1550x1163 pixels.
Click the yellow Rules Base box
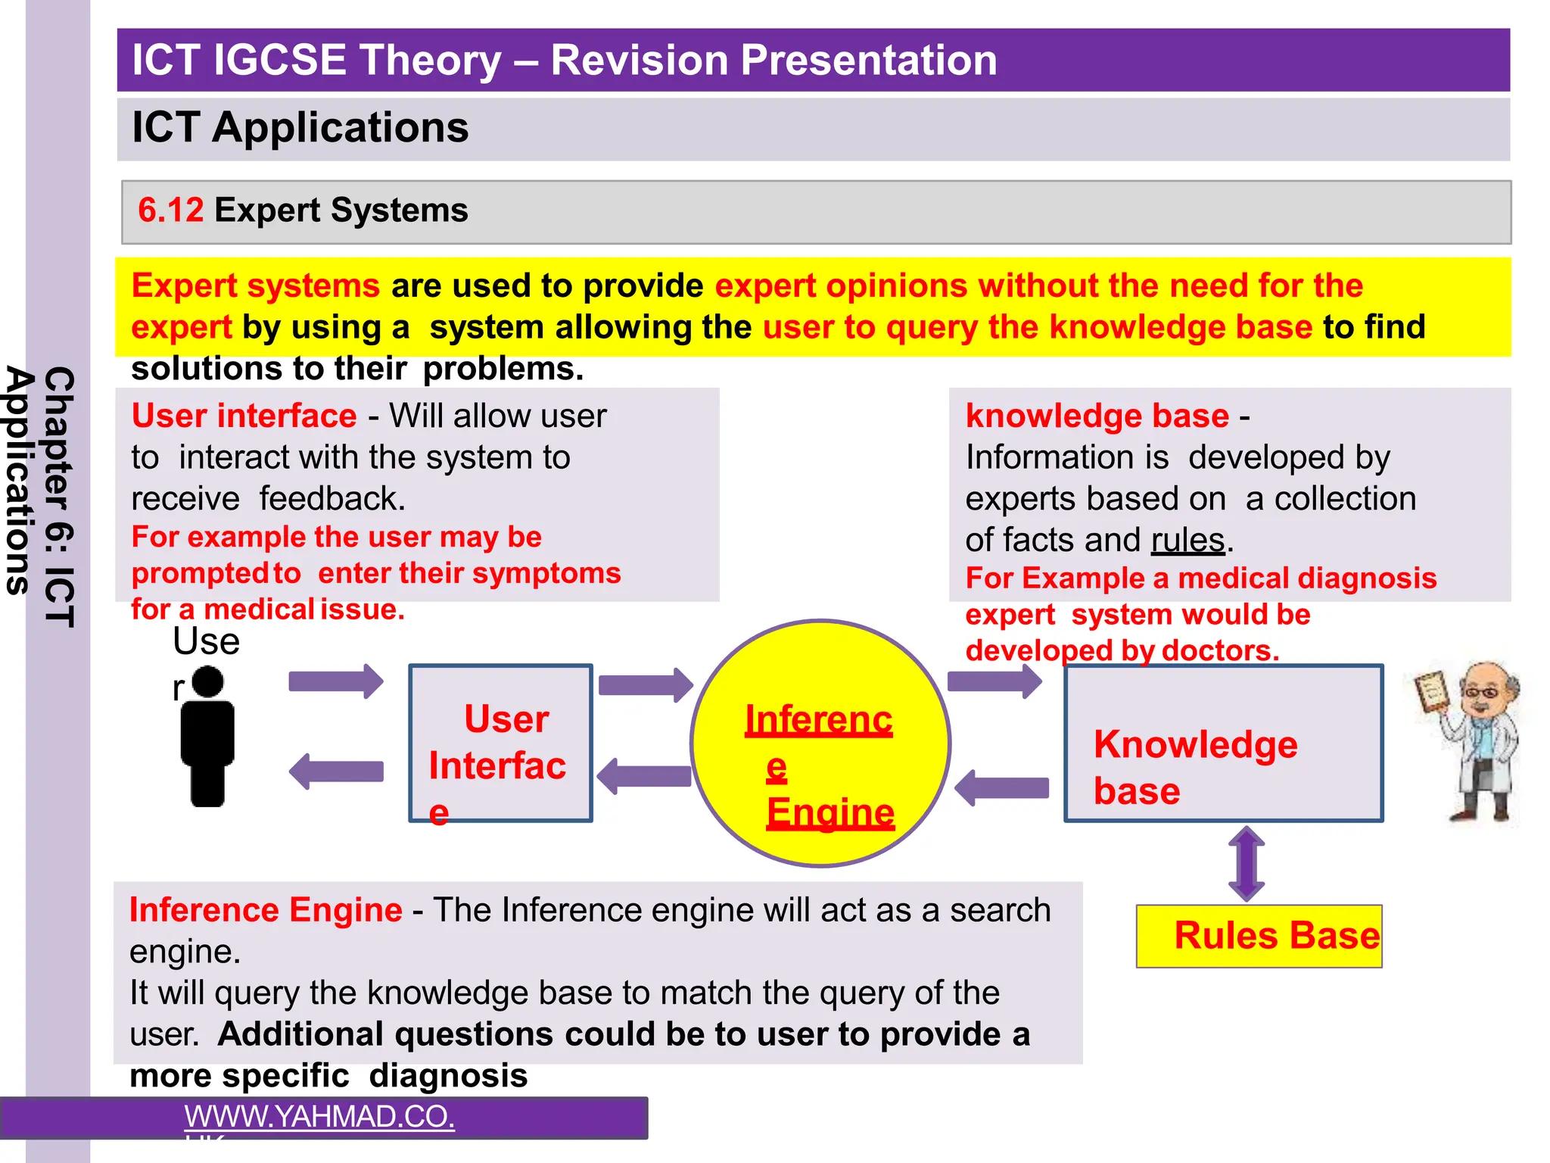(1259, 937)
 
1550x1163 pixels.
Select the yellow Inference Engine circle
(820, 744)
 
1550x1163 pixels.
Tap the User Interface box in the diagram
(500, 744)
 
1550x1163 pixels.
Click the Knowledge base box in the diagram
(1223, 744)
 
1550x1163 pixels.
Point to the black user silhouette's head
(207, 681)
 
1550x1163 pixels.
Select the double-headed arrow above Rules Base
(1246, 863)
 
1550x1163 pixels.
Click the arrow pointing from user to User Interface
(336, 681)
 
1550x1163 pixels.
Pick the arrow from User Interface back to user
(336, 772)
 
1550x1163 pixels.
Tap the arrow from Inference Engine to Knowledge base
(994, 681)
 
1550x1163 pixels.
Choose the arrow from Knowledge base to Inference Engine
(1002, 788)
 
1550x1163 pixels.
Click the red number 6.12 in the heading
(170, 210)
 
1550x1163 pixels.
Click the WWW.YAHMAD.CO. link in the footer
(319, 1117)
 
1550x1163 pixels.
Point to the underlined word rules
(1187, 541)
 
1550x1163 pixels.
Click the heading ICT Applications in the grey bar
(300, 127)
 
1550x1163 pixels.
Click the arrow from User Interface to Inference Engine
(646, 685)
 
